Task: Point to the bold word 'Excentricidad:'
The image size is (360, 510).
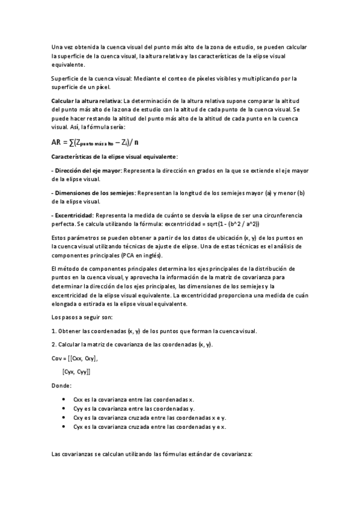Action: click(73, 215)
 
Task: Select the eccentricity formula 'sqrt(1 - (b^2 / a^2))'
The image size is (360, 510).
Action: click(229, 223)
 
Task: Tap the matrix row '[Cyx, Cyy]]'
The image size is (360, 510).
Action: click(76, 372)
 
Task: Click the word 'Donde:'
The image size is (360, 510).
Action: click(62, 385)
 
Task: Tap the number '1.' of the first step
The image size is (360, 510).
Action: click(55, 331)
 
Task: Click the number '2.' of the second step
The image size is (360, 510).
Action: click(55, 344)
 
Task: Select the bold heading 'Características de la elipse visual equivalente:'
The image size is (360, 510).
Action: click(115, 156)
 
